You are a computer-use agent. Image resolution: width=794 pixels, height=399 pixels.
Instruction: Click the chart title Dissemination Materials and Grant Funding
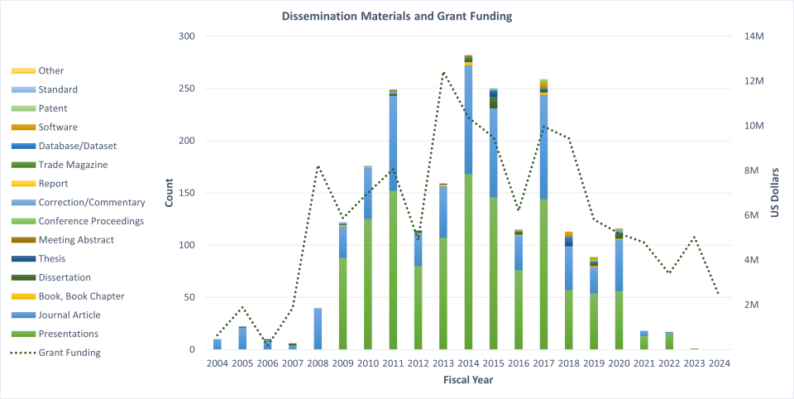396,16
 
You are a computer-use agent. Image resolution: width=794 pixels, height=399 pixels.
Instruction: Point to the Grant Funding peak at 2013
443,72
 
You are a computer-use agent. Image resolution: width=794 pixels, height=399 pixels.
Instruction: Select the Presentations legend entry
71,334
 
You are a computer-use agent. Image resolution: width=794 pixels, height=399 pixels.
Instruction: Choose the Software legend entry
58,127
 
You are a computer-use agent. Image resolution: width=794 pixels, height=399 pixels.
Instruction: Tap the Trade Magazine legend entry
71,165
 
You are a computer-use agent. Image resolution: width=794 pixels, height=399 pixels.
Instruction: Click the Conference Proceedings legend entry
91,221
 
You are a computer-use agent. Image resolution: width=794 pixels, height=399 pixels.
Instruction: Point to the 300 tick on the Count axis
188,36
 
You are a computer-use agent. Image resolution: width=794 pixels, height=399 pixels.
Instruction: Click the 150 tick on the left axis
188,193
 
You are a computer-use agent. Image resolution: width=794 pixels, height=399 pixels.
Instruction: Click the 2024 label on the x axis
719,363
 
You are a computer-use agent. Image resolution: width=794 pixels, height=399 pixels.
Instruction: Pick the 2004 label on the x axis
218,363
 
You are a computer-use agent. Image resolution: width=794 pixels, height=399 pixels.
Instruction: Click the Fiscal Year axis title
468,380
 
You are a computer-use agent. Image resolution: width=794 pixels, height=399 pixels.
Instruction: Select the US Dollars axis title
775,193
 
